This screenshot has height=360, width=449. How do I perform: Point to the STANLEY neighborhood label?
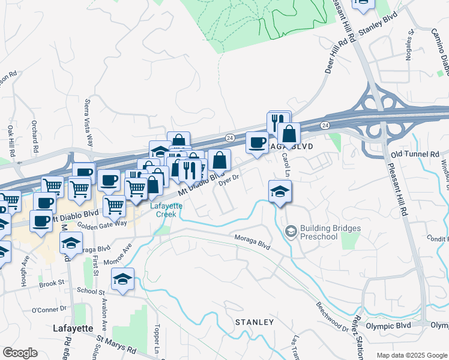254,322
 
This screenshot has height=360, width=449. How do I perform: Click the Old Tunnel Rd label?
415,155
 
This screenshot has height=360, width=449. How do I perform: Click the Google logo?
20,353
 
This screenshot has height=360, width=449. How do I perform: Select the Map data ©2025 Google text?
411,355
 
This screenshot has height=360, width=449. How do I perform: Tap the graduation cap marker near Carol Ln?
280,192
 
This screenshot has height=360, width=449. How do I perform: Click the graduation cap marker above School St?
123,279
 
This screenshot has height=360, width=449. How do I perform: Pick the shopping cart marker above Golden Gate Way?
114,206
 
